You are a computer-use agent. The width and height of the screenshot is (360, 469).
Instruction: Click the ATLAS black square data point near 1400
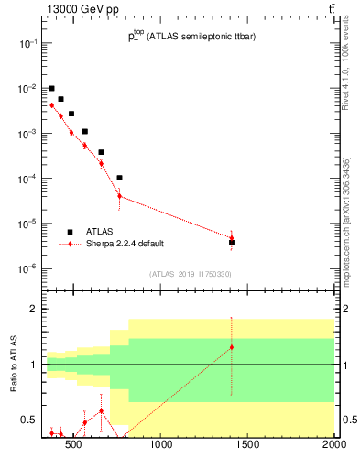(232, 243)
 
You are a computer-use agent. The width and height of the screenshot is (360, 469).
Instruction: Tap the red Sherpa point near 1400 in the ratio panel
(232, 347)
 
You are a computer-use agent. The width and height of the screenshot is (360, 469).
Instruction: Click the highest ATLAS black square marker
(52, 88)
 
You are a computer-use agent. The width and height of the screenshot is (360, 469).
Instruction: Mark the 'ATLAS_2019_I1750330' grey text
(190, 274)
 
